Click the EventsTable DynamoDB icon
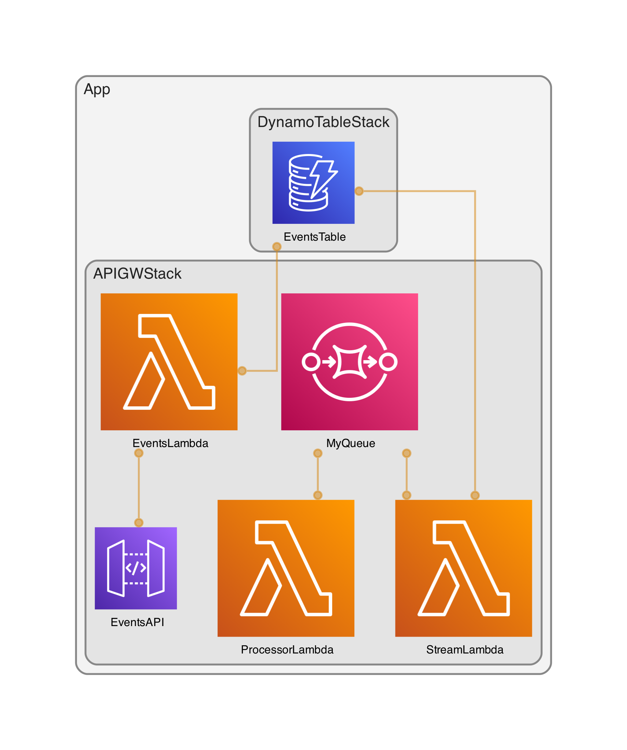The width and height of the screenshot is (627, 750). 313,182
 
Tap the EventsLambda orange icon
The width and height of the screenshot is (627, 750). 169,361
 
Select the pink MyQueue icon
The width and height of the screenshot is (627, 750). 349,361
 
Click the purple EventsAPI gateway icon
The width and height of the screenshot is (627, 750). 135,568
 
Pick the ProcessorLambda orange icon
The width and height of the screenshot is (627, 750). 286,568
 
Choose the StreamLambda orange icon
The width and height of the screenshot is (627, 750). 463,568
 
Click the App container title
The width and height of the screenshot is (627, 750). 97,89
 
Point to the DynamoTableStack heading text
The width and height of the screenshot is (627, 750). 323,122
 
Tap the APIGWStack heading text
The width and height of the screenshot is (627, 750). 137,274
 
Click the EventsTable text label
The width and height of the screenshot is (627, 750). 314,237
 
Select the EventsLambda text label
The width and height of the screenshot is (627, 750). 170,443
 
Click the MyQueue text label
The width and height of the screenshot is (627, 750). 350,443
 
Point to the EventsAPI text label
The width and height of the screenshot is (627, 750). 138,622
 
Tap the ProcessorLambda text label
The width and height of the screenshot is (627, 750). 287,650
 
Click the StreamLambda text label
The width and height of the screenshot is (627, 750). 465,650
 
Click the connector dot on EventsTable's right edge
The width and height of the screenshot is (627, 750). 359,191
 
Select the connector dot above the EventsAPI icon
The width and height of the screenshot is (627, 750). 139,522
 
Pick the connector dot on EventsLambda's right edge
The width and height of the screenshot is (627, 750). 242,371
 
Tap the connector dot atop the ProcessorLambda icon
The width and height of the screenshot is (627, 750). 317,495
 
